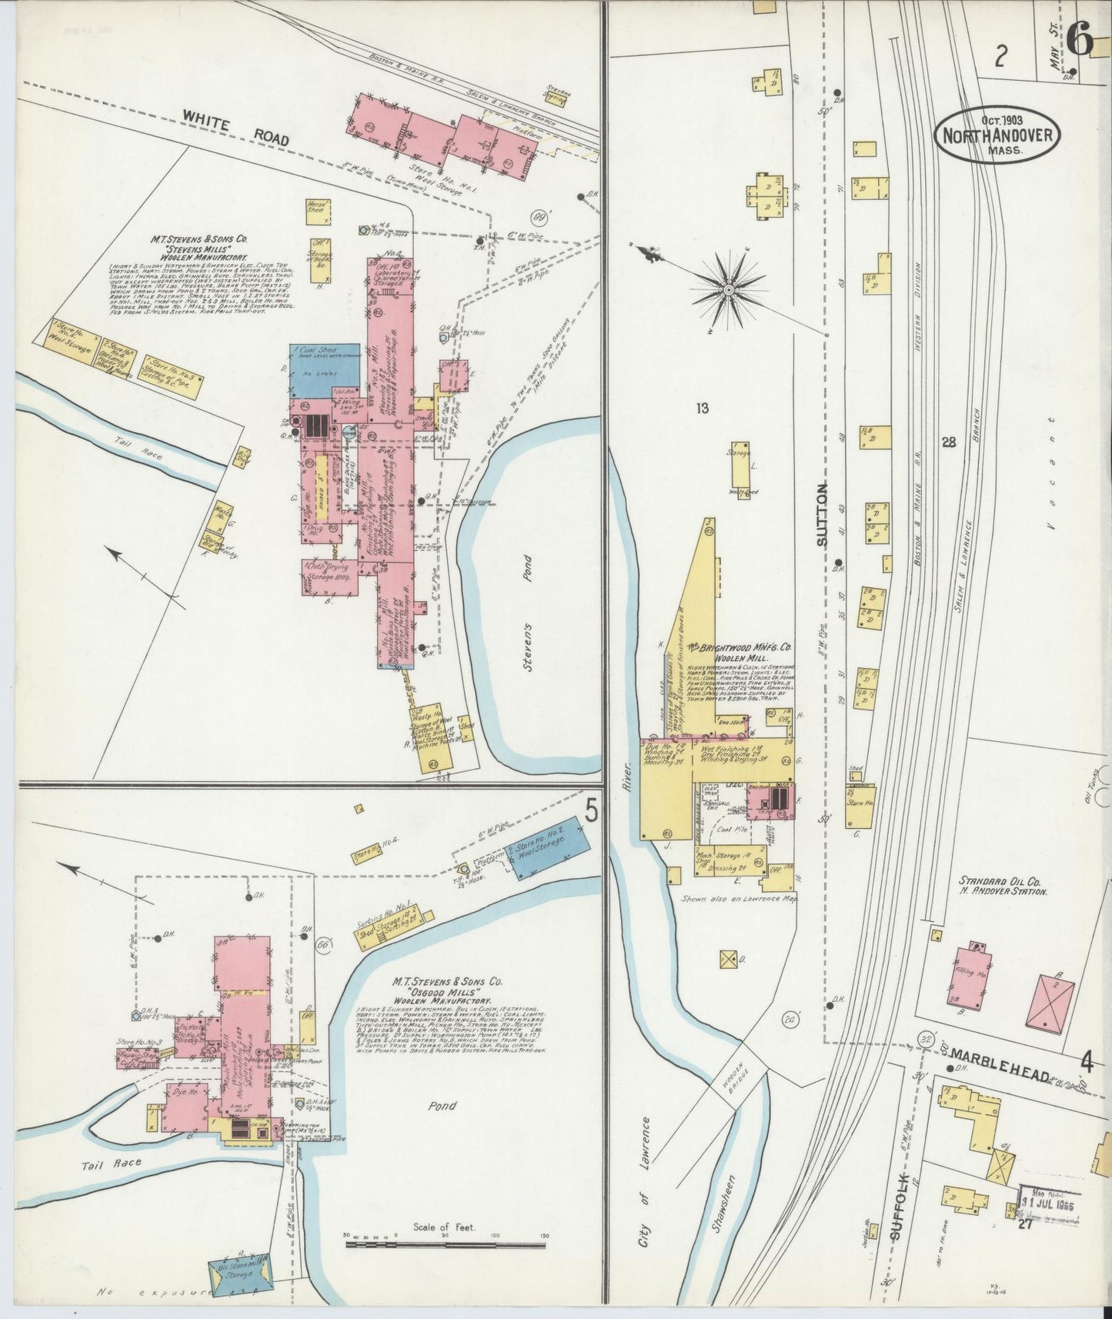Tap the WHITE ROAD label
point(235,128)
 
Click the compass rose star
point(728,290)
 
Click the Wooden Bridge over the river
point(736,1084)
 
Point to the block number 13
point(701,409)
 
